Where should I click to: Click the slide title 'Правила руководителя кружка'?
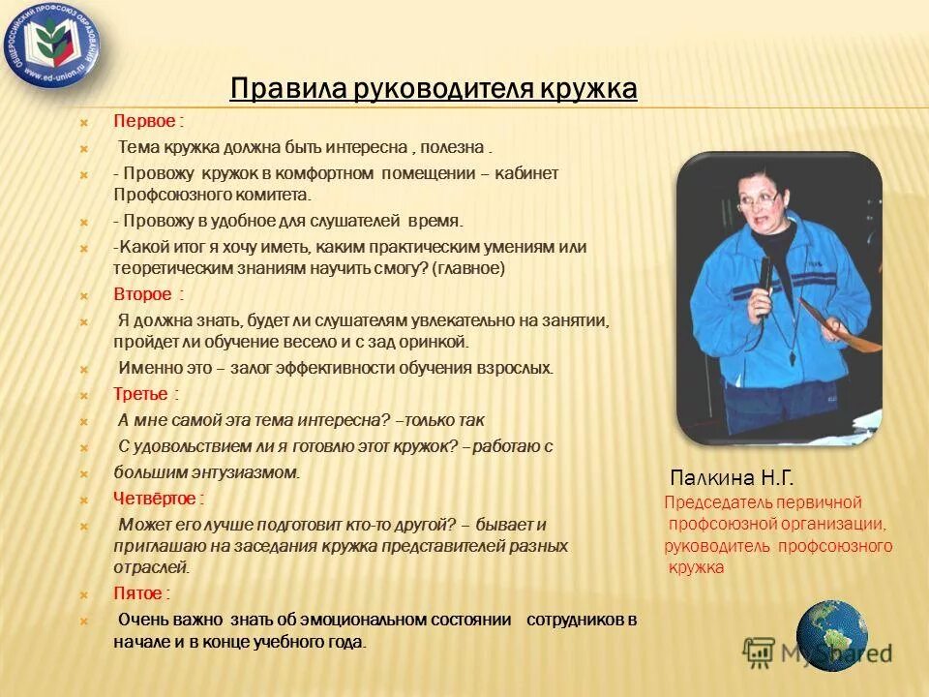click(434, 90)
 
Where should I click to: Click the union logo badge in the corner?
click(54, 45)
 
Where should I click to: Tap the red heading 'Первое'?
click(145, 122)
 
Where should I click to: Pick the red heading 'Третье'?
click(141, 395)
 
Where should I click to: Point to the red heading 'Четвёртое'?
click(156, 499)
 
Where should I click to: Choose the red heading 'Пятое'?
click(137, 592)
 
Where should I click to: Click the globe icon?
click(831, 636)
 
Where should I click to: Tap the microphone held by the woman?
click(764, 281)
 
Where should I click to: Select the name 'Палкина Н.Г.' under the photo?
click(733, 477)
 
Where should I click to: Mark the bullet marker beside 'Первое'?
click(83, 123)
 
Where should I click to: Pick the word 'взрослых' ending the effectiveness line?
click(522, 369)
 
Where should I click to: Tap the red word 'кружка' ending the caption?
click(696, 568)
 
